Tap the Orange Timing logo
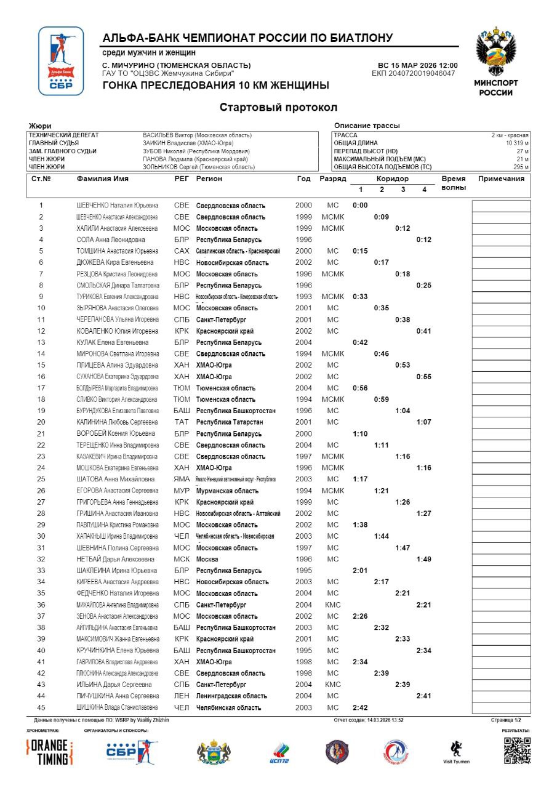coord(50,752)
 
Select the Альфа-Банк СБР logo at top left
coord(61,61)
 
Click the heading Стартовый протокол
coord(278,108)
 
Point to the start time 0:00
coord(360,206)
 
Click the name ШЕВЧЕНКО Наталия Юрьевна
coord(117,206)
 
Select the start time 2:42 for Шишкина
coord(360,708)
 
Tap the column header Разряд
coord(332,179)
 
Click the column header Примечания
coord(501,179)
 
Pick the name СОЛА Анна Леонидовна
coord(111,240)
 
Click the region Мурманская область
coord(227,491)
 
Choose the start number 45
coord(41,708)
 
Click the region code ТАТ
coord(182,422)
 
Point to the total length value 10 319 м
coord(517,142)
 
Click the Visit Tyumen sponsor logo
coord(455,751)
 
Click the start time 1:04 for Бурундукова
coord(403,411)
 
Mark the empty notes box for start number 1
coord(501,206)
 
